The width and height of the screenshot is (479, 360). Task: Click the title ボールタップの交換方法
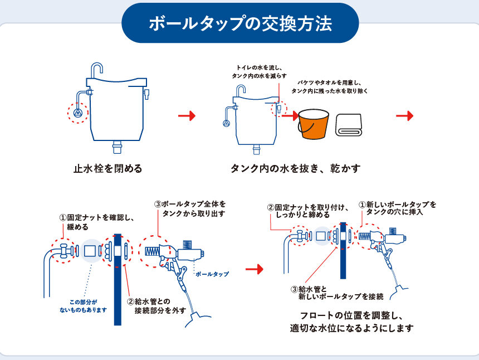[239, 24]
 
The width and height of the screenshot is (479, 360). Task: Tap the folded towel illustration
[349, 126]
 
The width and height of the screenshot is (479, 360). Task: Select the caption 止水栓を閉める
[108, 168]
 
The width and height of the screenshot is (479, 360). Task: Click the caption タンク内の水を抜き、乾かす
[295, 168]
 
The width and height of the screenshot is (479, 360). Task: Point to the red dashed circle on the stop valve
[79, 112]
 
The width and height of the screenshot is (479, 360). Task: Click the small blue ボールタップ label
[212, 274]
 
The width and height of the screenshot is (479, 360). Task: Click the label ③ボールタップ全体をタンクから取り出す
[189, 208]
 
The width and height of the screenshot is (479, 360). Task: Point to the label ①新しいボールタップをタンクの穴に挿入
[397, 208]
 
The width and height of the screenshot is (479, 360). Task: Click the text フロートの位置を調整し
[351, 315]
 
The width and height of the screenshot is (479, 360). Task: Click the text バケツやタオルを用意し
[333, 81]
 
